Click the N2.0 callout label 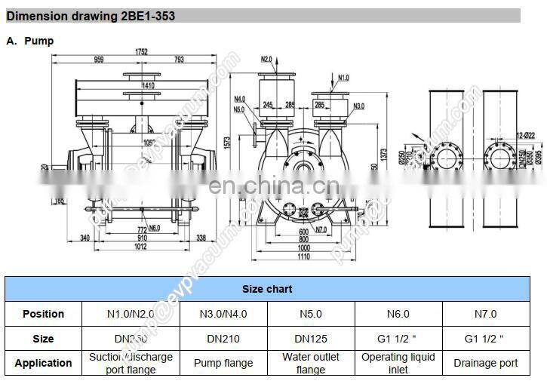(x=266, y=59)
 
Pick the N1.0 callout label (x=343, y=78)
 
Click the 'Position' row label (x=43, y=314)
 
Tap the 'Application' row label (x=43, y=363)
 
